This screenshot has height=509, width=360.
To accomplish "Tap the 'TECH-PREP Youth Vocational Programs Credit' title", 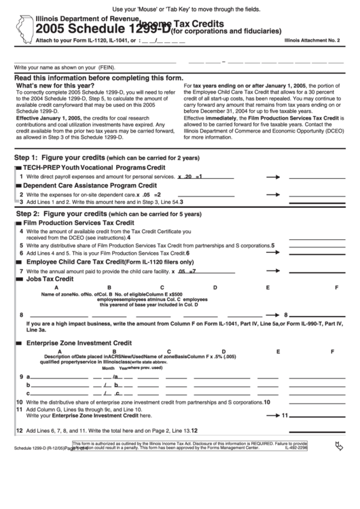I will click(94, 166).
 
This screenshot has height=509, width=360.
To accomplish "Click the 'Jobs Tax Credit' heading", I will click(49, 279).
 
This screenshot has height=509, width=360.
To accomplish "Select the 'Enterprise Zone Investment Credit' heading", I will click(78, 343).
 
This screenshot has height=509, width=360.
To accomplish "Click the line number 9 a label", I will click(24, 376).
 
